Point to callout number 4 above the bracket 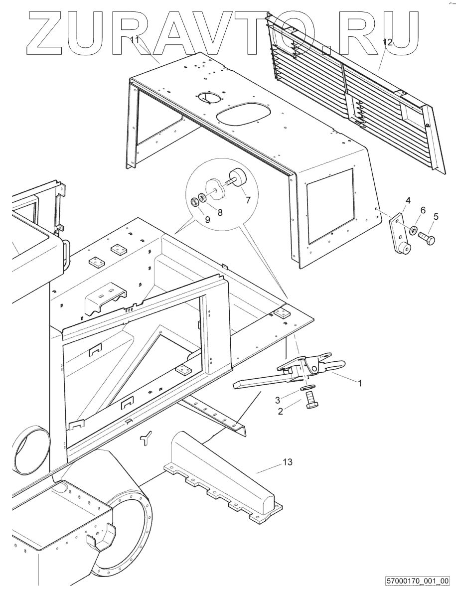tap(408, 200)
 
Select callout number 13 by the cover tap(287, 462)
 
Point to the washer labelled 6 tap(412, 231)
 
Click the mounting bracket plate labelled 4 tap(398, 234)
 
